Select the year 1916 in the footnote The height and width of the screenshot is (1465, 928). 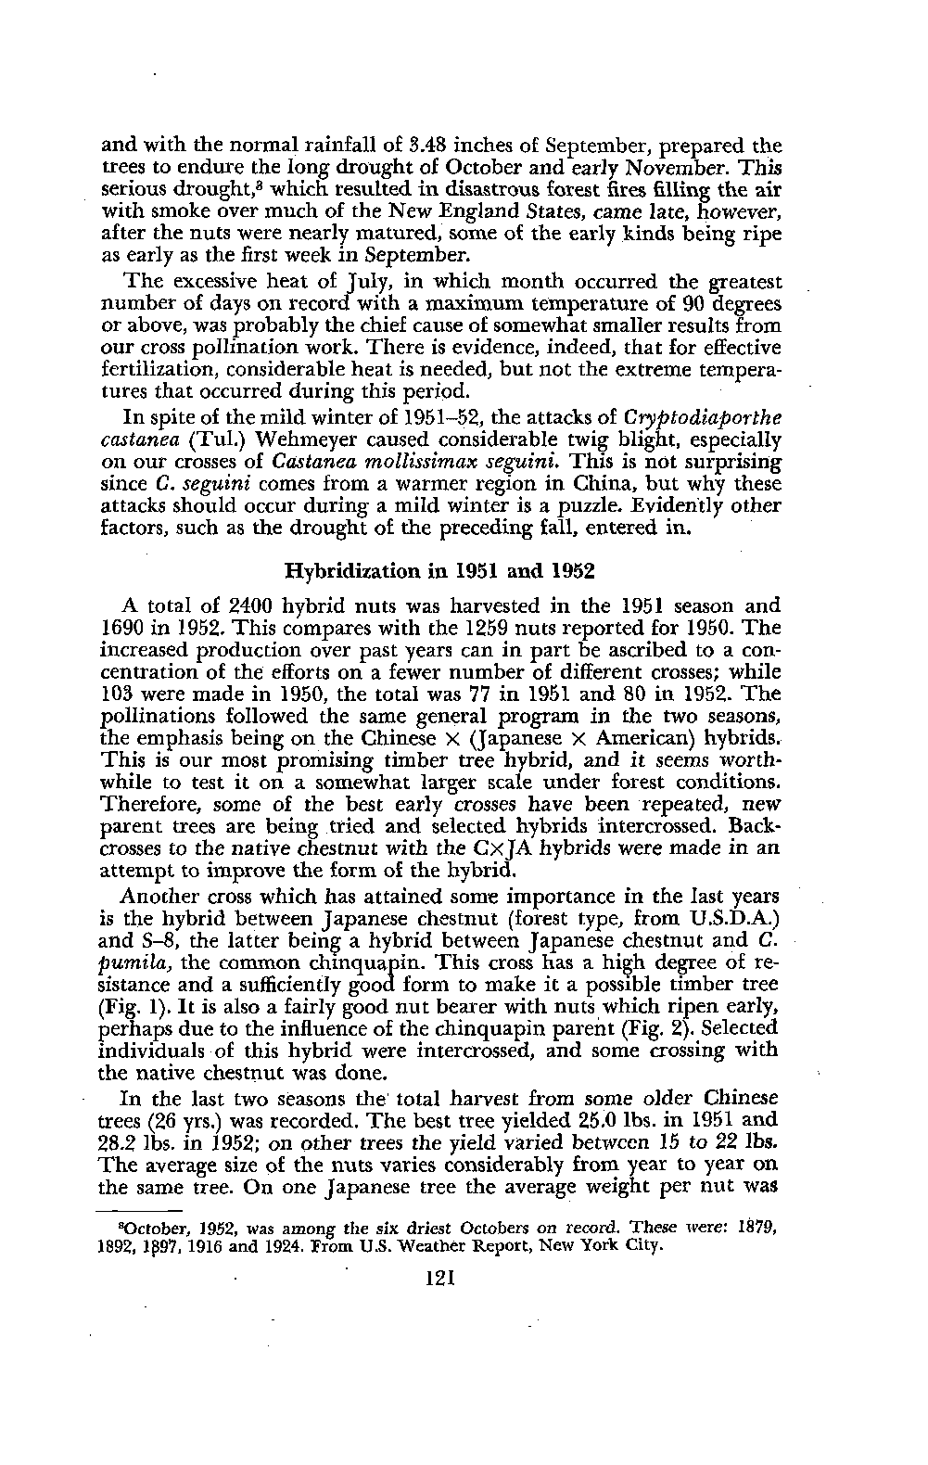(x=203, y=1247)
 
